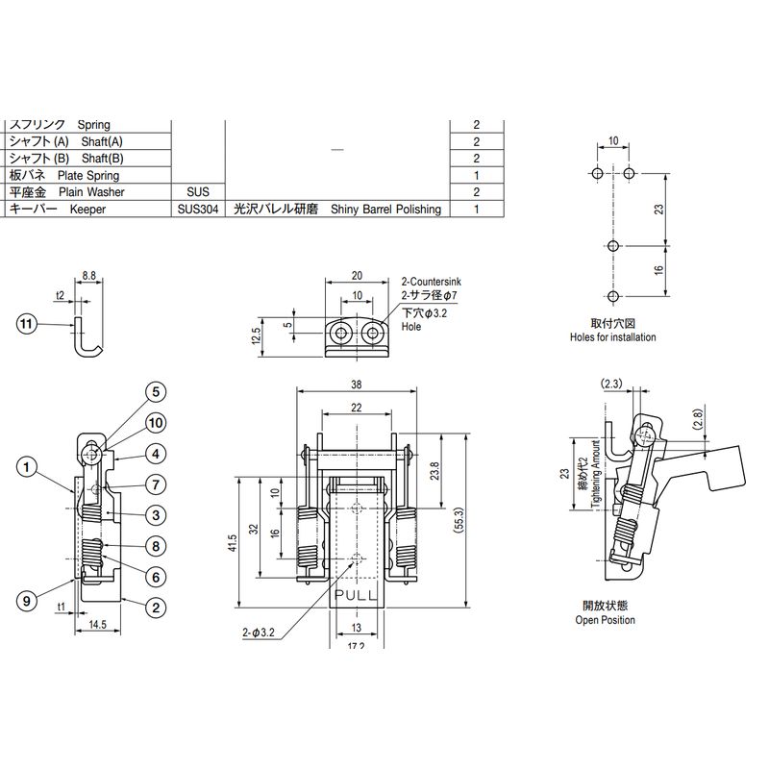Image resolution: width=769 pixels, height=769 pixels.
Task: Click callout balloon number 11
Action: tap(28, 325)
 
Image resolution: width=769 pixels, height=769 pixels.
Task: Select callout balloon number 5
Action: tap(157, 391)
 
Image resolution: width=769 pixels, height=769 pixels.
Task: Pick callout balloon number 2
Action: tap(154, 606)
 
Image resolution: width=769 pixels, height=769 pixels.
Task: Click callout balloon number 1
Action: tap(28, 468)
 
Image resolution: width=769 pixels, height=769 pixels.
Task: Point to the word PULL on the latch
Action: tap(358, 597)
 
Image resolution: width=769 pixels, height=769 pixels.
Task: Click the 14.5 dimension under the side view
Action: tap(97, 625)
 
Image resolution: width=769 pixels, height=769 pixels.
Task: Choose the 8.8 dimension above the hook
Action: tap(88, 275)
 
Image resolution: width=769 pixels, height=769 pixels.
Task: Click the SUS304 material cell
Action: tap(198, 209)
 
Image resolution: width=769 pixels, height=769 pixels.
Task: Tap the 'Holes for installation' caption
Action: tap(613, 337)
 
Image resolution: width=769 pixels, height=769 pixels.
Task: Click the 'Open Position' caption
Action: tap(606, 620)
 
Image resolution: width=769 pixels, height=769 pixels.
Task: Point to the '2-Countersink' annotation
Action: tap(432, 281)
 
